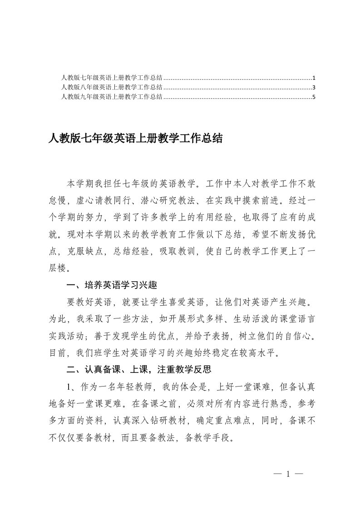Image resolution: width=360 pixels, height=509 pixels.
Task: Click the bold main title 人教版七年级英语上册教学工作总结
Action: click(135, 138)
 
